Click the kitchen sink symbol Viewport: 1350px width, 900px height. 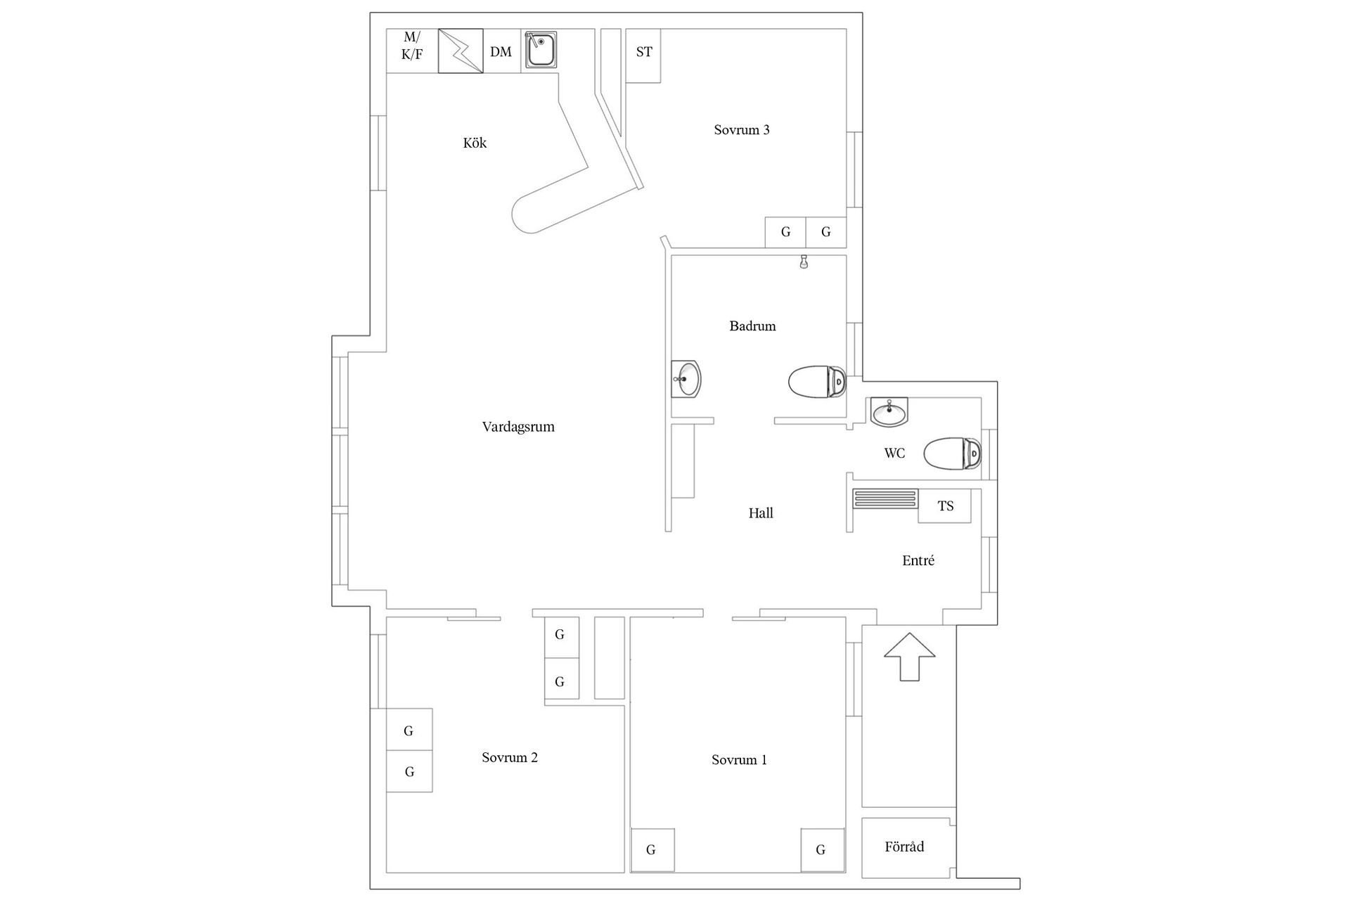541,50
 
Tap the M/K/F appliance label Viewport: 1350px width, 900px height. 412,46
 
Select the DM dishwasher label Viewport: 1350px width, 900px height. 501,51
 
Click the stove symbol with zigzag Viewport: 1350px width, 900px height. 461,51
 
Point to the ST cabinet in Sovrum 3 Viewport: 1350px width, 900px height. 643,52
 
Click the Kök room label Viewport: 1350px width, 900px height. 475,143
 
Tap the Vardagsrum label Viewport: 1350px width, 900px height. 518,427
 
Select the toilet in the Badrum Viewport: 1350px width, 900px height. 816,382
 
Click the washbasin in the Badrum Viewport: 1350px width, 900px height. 686,379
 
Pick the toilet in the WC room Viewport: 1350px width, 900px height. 951,454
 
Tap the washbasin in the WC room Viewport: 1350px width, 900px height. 889,411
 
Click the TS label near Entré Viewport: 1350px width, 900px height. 946,506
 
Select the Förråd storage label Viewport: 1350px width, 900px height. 904,847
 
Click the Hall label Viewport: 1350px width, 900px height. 761,513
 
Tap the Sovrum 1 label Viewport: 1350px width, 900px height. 739,760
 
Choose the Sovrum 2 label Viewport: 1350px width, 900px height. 510,757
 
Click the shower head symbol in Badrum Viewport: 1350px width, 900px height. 804,263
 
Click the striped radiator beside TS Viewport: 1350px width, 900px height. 885,499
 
